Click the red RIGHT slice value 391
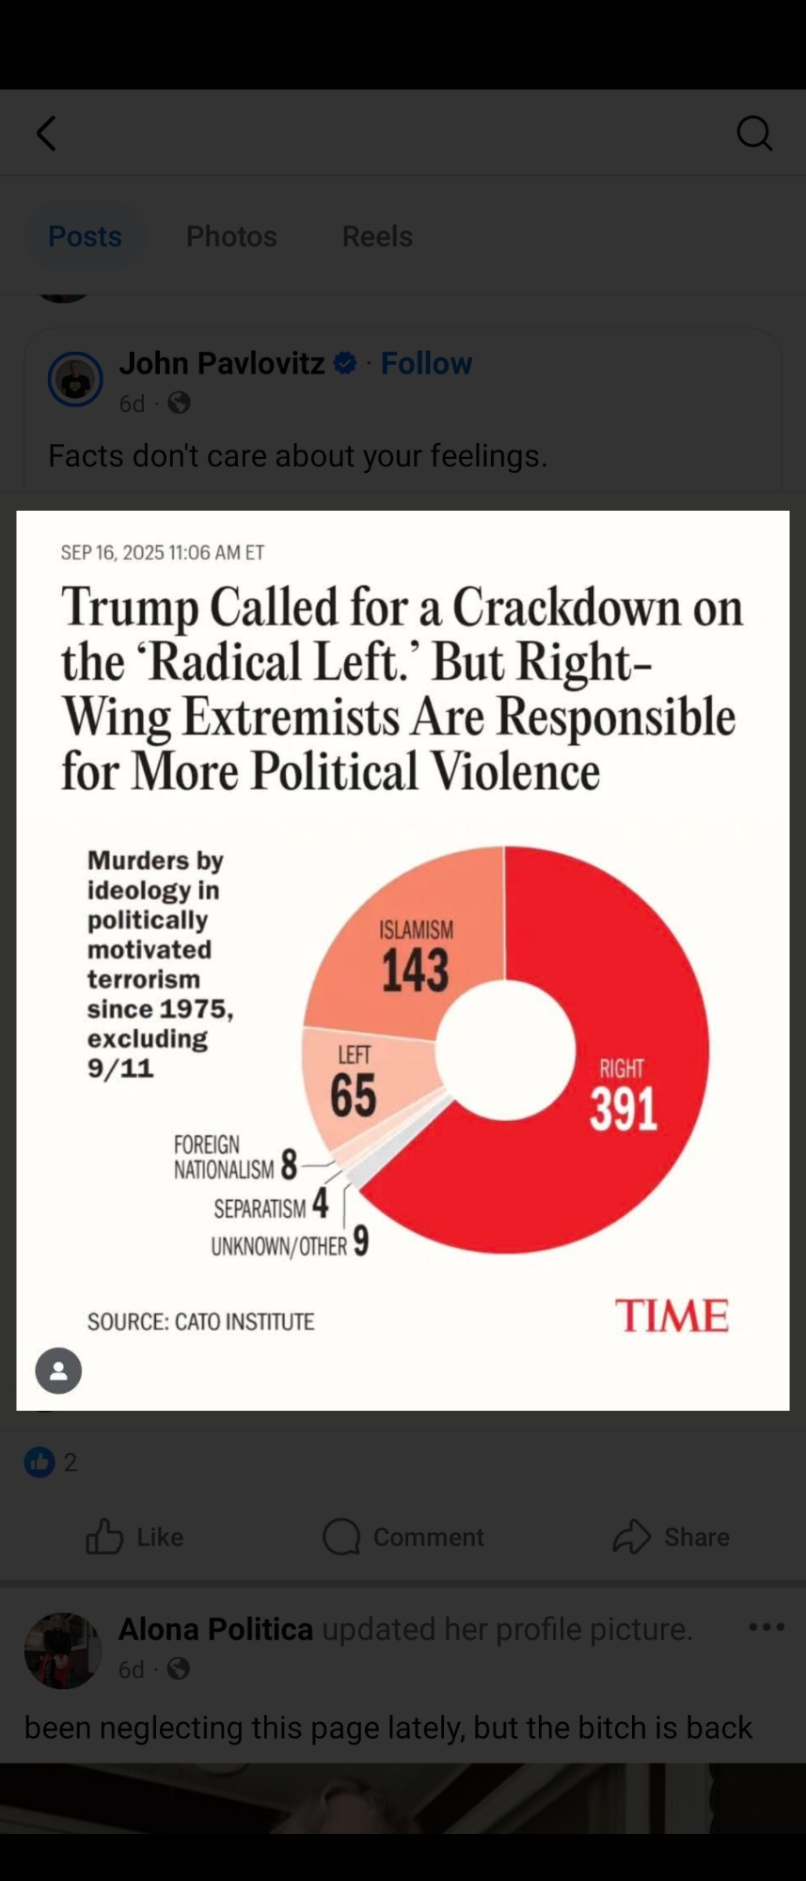(x=623, y=1109)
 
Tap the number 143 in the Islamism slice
(x=415, y=971)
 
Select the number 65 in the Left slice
(x=353, y=1096)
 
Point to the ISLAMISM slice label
(x=416, y=929)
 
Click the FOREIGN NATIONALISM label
(x=224, y=1157)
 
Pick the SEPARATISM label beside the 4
(x=260, y=1209)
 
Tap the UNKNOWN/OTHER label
(x=278, y=1246)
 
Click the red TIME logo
(x=672, y=1315)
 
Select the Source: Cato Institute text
(x=201, y=1321)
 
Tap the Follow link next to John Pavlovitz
(x=426, y=363)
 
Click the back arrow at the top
(x=46, y=134)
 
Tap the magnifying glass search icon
(x=754, y=134)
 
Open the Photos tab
(x=231, y=236)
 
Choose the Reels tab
(x=377, y=236)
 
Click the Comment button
(x=403, y=1537)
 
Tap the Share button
(x=671, y=1537)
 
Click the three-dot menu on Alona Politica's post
(x=766, y=1627)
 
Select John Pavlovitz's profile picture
(x=75, y=379)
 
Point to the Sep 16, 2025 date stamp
(x=163, y=552)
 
